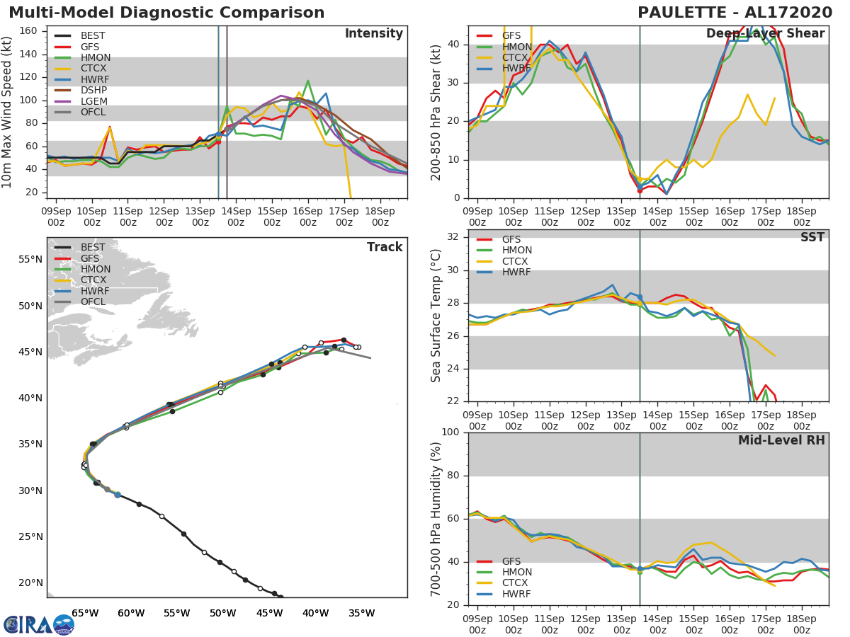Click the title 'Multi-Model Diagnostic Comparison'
click(x=166, y=13)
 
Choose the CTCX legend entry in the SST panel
click(x=516, y=261)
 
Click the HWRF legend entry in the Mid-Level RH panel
click(x=516, y=594)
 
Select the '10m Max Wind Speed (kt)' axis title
click(x=7, y=113)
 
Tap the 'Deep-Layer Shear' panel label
click(x=765, y=34)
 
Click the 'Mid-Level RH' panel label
click(x=781, y=440)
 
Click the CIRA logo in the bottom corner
click(x=38, y=624)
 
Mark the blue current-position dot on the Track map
click(x=118, y=495)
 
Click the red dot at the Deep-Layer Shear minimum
click(x=640, y=190)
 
